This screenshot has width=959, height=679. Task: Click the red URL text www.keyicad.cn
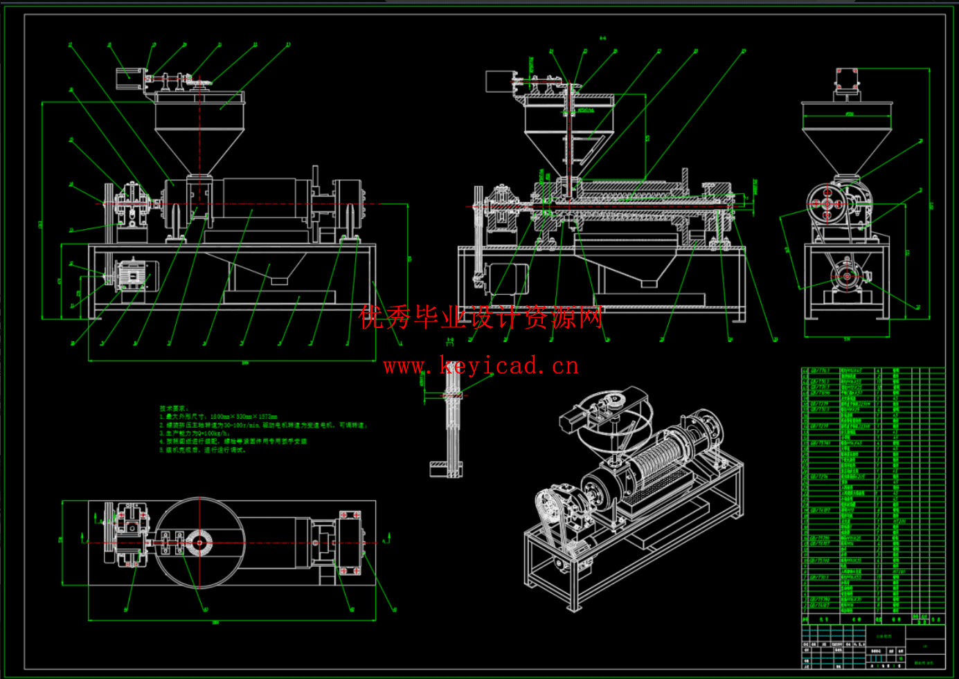[x=481, y=365]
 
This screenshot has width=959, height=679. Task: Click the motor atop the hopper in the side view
[x=848, y=81]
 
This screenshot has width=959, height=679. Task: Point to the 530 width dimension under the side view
[x=847, y=339]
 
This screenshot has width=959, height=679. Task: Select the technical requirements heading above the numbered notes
[x=174, y=408]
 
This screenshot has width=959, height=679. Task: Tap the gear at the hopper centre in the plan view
[x=199, y=543]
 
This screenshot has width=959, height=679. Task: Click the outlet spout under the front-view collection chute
[x=279, y=280]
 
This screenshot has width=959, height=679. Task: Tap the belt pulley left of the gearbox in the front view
[x=109, y=206]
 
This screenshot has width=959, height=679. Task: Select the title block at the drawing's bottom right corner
[x=873, y=645]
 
